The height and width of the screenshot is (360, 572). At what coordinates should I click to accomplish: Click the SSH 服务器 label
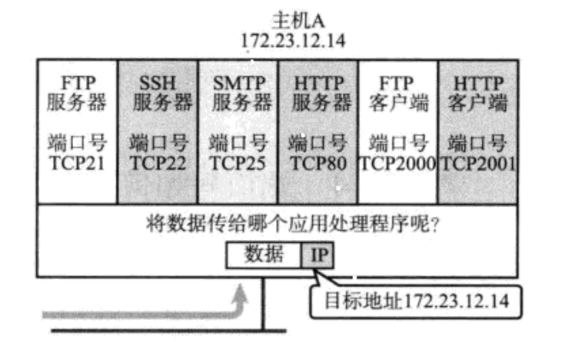pos(158,92)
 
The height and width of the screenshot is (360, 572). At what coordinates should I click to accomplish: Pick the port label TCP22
pos(158,162)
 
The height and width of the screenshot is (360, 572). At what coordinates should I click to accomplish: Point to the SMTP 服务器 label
pos(238,92)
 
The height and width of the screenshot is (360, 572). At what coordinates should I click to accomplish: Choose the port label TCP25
pos(238,162)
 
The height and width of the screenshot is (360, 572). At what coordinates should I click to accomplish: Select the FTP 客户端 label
pos(397,92)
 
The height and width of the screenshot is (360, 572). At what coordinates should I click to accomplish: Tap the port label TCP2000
pos(397,162)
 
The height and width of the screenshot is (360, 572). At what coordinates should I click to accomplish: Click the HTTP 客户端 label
pos(477,92)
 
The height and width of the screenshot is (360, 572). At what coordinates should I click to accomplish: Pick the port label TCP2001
pos(477,162)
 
